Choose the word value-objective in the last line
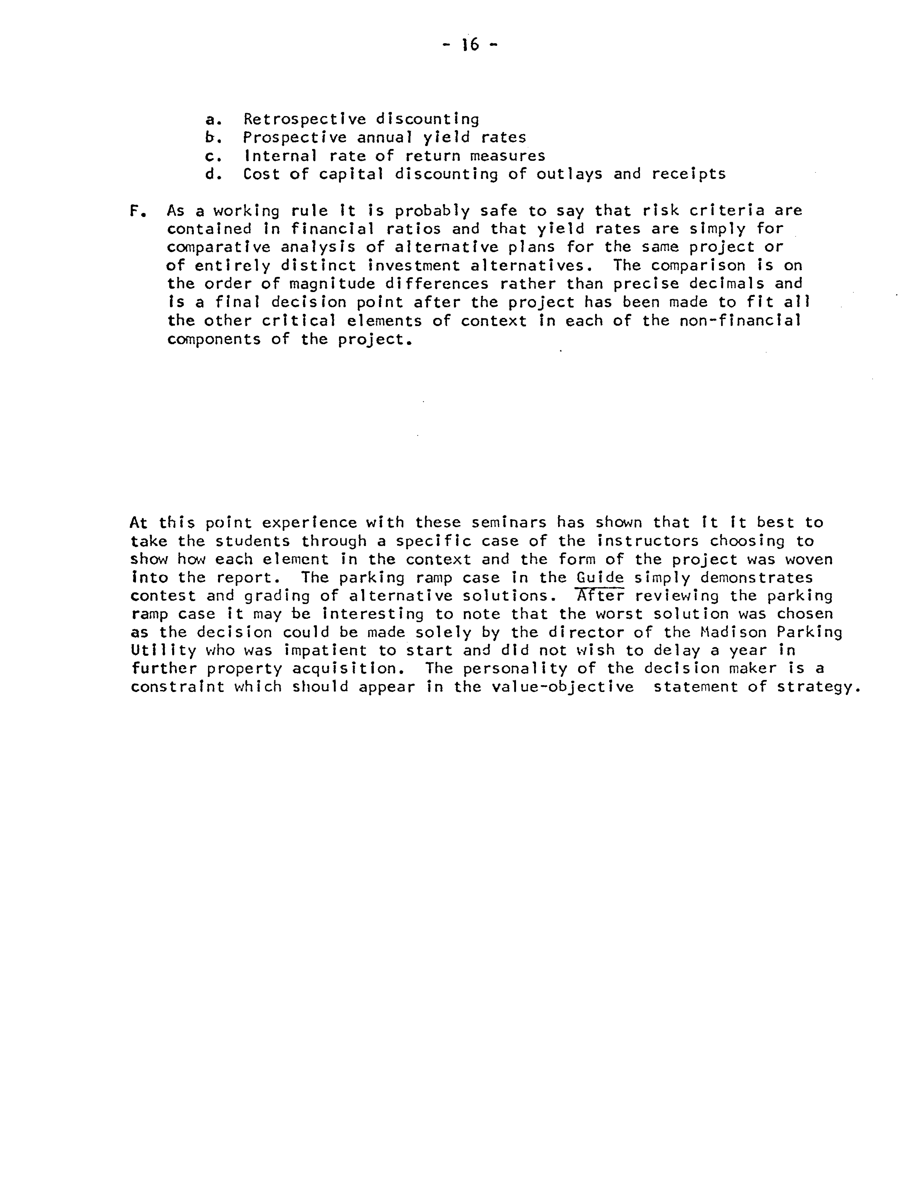563,687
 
